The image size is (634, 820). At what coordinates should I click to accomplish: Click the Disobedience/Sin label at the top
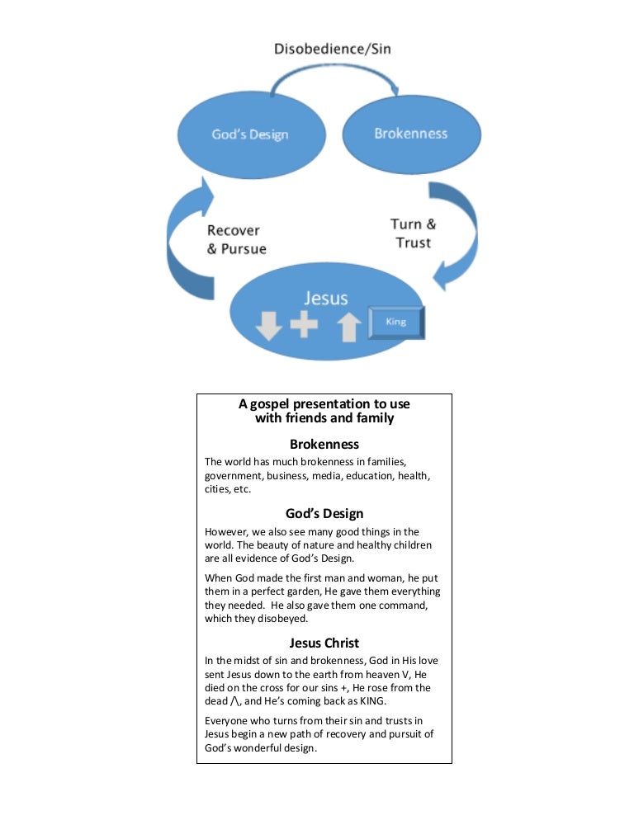pyautogui.click(x=333, y=49)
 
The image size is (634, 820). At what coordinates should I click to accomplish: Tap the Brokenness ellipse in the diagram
pyautogui.click(x=410, y=133)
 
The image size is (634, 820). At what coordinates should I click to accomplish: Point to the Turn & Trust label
pyautogui.click(x=413, y=233)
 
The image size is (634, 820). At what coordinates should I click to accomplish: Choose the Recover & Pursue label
pyautogui.click(x=237, y=239)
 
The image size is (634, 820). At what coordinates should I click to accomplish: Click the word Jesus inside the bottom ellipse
pyautogui.click(x=324, y=298)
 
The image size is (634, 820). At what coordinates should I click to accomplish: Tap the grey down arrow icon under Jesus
pyautogui.click(x=268, y=327)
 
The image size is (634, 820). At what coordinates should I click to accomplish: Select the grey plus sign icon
pyautogui.click(x=304, y=324)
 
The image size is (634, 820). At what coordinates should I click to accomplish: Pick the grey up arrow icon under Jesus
pyautogui.click(x=349, y=327)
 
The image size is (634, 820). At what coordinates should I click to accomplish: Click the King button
pyautogui.click(x=396, y=323)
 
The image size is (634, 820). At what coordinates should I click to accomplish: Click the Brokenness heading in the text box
pyautogui.click(x=324, y=445)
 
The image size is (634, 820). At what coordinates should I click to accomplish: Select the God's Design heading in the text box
pyautogui.click(x=324, y=513)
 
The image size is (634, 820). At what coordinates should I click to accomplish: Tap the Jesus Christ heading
pyautogui.click(x=324, y=643)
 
